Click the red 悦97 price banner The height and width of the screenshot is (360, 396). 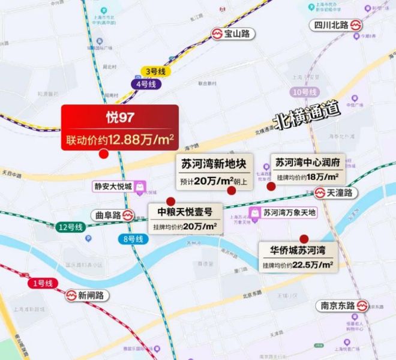(x=120, y=127)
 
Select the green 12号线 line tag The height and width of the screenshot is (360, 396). (x=71, y=227)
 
